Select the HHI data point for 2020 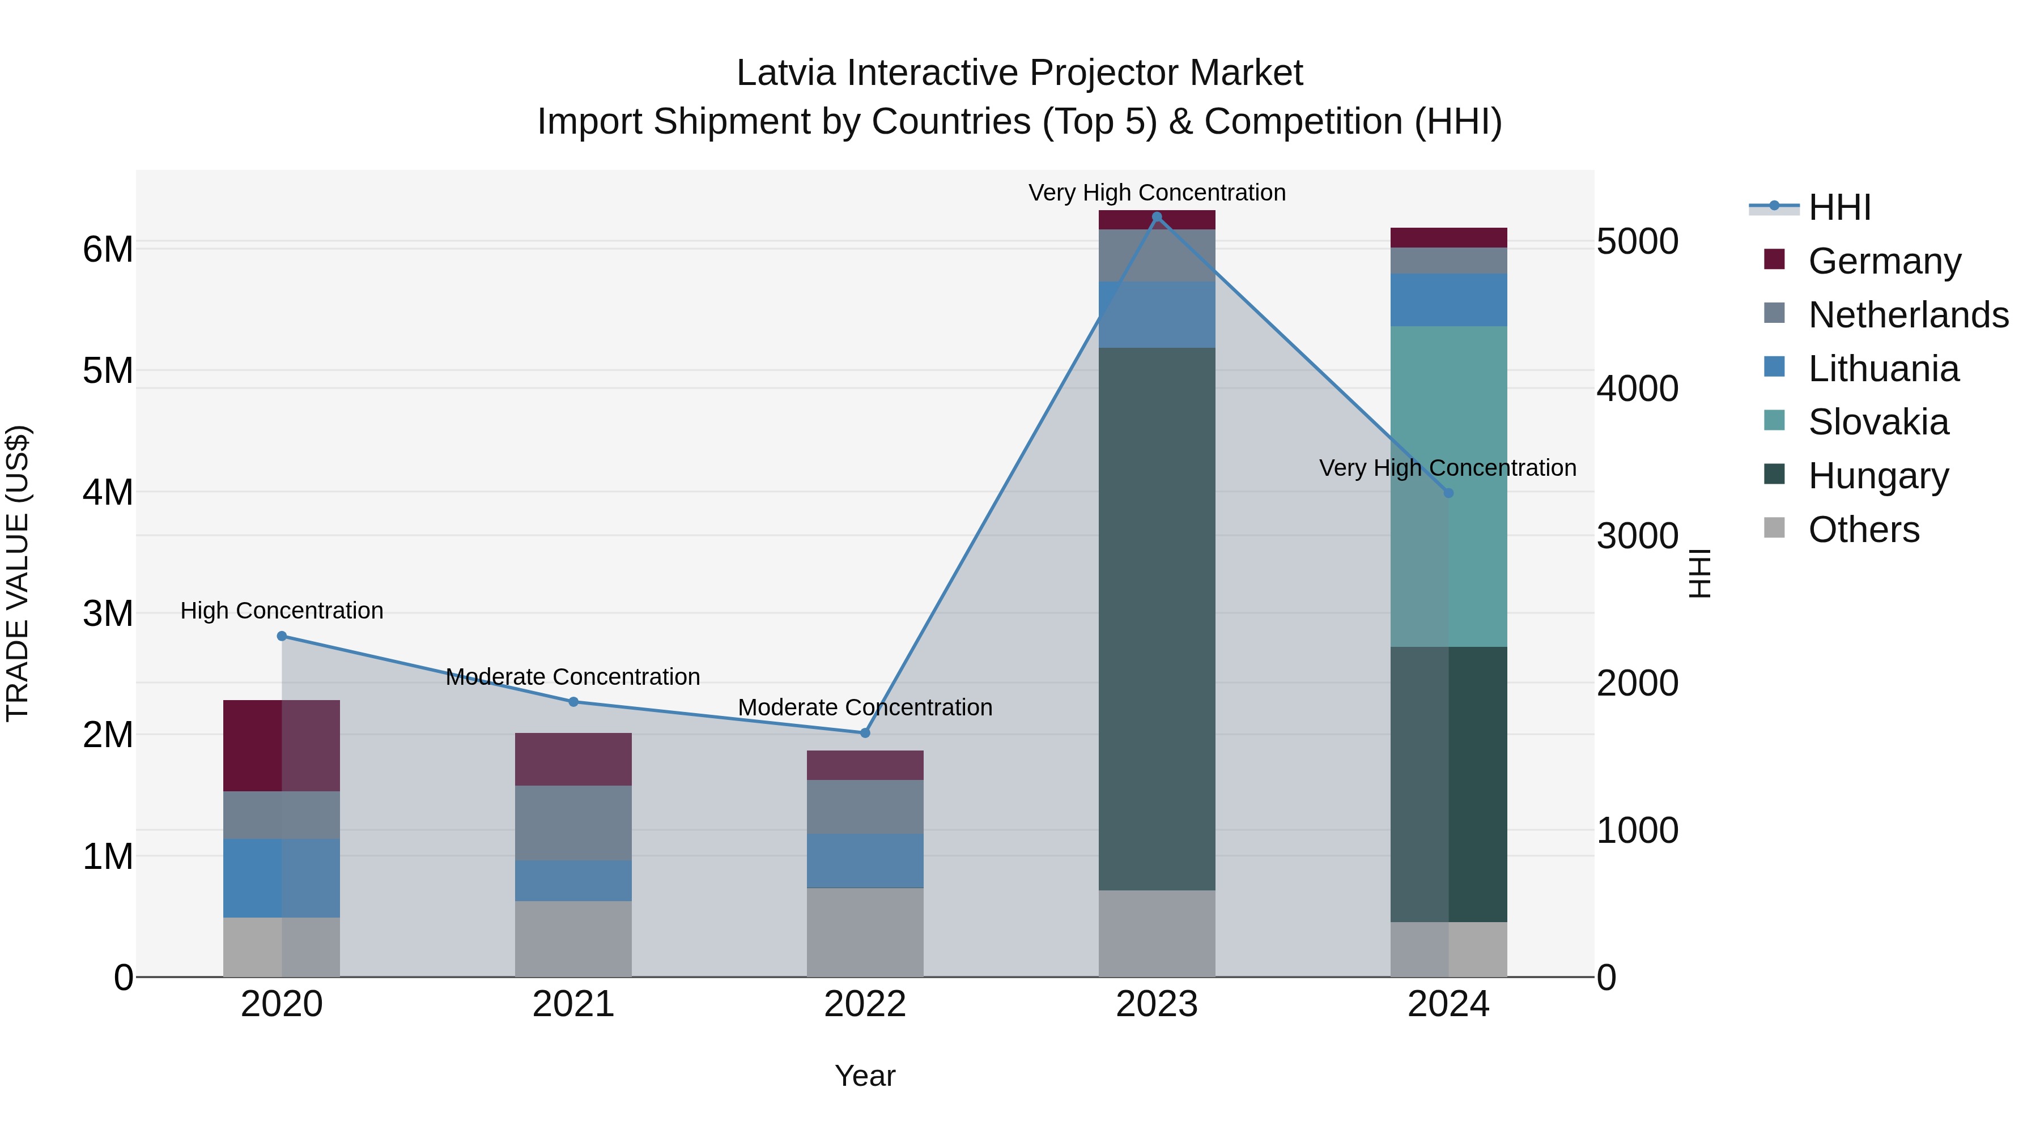click(282, 636)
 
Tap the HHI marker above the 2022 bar click(865, 733)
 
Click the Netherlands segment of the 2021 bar click(573, 822)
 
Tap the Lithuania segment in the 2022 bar click(865, 860)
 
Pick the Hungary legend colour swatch click(1775, 475)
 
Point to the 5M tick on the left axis click(108, 370)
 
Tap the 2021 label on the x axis click(573, 1004)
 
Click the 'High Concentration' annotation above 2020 click(282, 610)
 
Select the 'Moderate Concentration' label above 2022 click(865, 707)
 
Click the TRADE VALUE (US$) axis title click(18, 573)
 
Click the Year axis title click(865, 1076)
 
